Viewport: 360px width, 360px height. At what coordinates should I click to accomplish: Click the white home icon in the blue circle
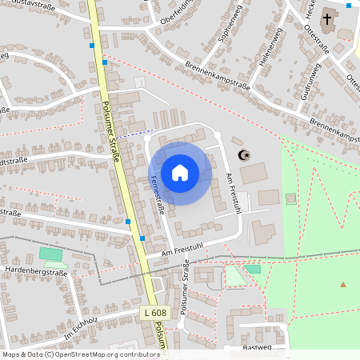coord(180,173)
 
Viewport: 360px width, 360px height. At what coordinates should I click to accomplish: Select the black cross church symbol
coord(328,18)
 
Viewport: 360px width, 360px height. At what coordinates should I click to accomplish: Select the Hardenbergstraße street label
coord(36,272)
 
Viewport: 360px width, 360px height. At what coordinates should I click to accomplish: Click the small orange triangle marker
coord(343,285)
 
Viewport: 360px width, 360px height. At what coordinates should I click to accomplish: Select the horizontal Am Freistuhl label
coord(182,248)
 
